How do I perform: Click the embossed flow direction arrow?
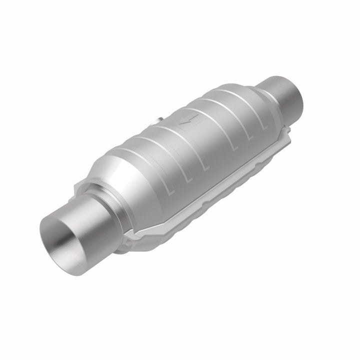point(190,121)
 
